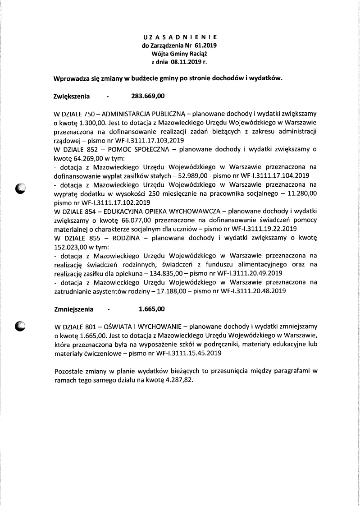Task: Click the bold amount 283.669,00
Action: pos(148,96)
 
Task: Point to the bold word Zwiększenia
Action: pos(72,96)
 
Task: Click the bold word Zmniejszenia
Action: pos(74,309)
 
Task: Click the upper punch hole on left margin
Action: pos(21,189)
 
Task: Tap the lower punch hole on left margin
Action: pos(21,326)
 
